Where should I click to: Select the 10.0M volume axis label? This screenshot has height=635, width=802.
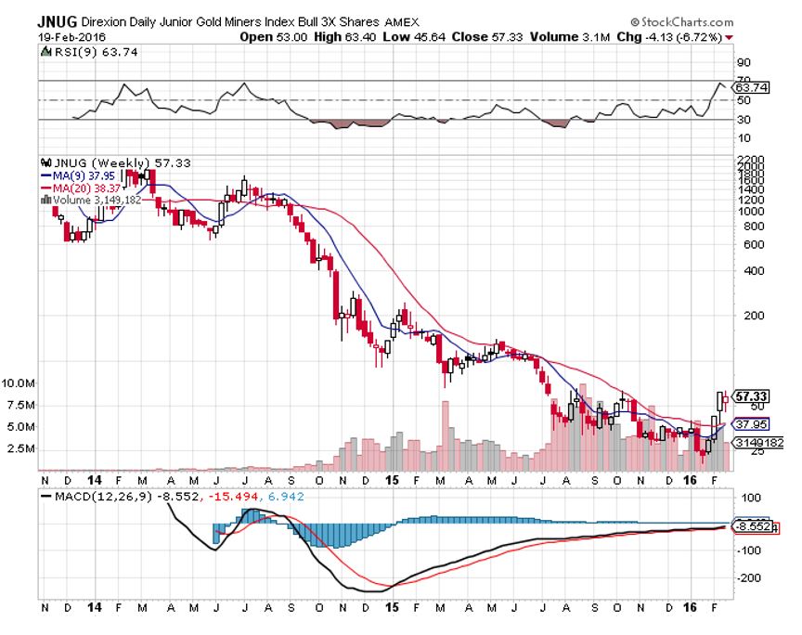pyautogui.click(x=19, y=382)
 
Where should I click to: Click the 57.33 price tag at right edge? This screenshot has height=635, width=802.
pyautogui.click(x=749, y=395)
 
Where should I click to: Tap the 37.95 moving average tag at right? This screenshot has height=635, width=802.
pyautogui.click(x=749, y=422)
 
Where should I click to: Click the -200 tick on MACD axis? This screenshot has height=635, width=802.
pyautogui.click(x=749, y=577)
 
